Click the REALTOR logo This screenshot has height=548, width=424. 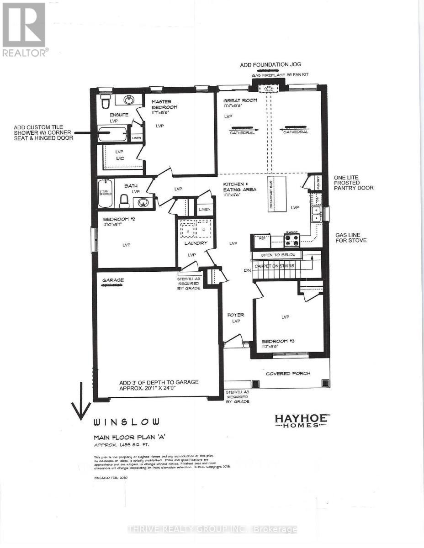point(24,29)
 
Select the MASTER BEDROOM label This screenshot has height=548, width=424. point(164,104)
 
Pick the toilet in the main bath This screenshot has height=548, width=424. point(124,200)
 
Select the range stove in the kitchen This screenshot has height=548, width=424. point(291,239)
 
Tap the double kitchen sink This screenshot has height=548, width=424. point(316,214)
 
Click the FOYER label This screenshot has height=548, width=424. point(236,315)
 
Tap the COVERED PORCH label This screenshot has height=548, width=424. point(288,373)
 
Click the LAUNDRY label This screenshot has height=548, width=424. point(196,243)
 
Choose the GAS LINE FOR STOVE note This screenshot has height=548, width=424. point(350,237)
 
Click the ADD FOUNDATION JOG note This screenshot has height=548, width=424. point(270,65)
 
